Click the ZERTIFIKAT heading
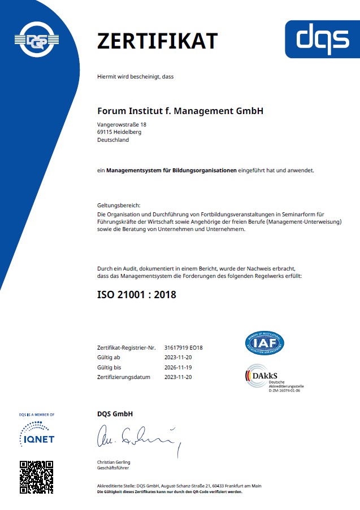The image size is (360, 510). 157,41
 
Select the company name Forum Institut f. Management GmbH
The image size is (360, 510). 180,111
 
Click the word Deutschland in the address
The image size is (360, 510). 113,140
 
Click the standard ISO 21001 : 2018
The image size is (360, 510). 137,295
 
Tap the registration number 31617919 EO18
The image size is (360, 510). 183,348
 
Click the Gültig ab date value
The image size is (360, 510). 178,358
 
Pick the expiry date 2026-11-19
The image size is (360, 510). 178,367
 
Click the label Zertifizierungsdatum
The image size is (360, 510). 124,377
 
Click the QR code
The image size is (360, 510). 36,477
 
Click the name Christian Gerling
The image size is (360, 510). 114,463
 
